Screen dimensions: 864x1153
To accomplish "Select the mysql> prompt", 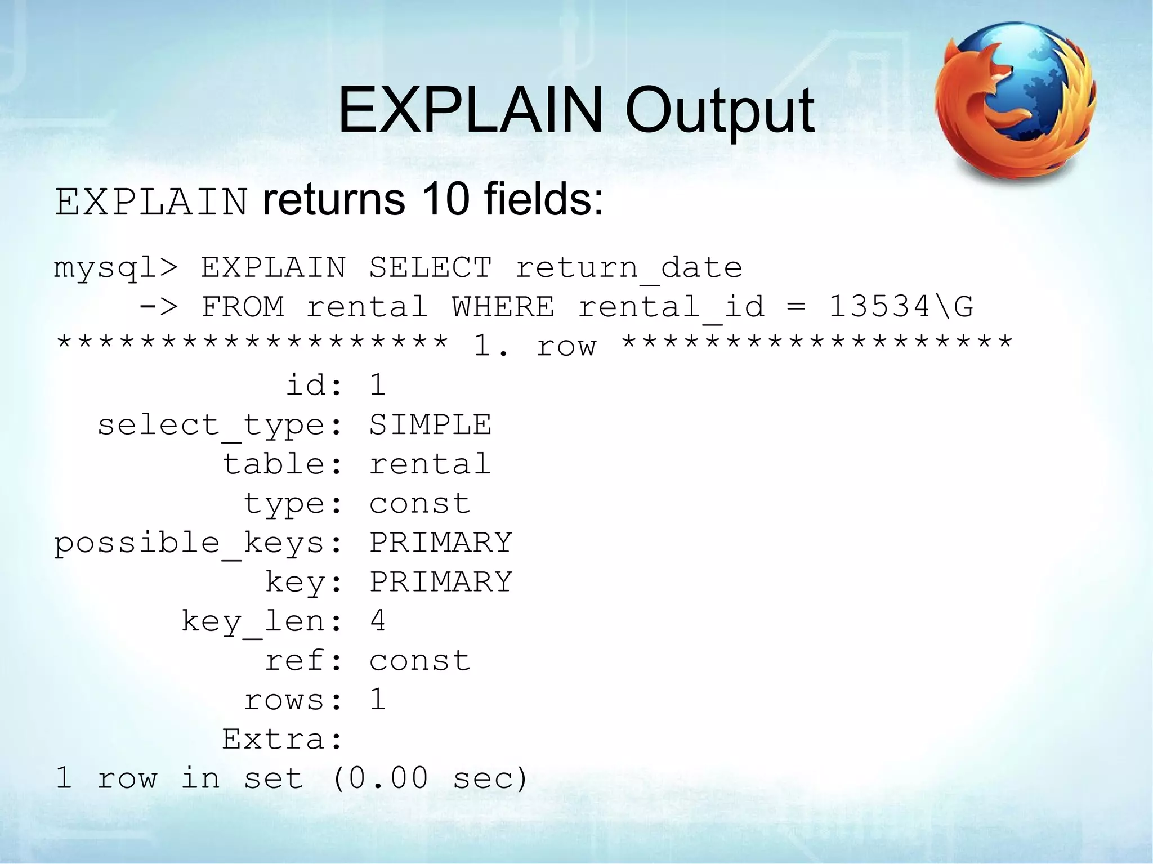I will pyautogui.click(x=116, y=268).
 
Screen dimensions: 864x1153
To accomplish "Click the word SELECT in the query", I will pyautogui.click(x=431, y=267).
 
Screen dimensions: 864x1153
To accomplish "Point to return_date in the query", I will pyautogui.click(x=629, y=268).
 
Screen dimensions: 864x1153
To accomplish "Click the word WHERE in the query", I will pyautogui.click(x=503, y=307).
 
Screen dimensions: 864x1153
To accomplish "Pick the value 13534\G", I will pyautogui.click(x=901, y=307).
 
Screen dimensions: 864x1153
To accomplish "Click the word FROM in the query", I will pyautogui.click(x=243, y=307).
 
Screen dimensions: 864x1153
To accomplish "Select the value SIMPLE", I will pyautogui.click(x=430, y=425).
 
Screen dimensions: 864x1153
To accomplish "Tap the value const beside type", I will pyautogui.click(x=420, y=504).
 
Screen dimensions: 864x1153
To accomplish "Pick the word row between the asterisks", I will pyautogui.click(x=566, y=347).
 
